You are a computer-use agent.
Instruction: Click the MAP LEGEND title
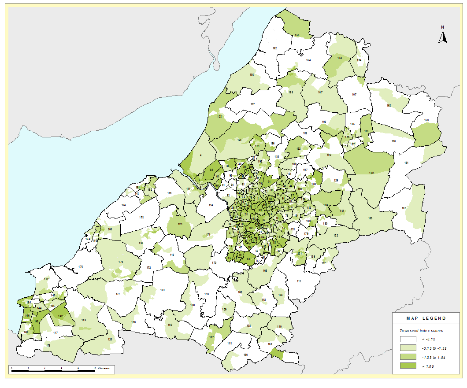click(426, 318)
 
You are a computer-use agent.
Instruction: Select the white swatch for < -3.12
click(408, 340)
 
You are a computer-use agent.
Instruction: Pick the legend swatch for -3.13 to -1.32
click(408, 348)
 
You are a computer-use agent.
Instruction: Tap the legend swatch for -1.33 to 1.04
click(408, 357)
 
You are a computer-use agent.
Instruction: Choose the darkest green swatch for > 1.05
click(408, 366)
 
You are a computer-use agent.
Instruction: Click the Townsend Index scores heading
click(421, 330)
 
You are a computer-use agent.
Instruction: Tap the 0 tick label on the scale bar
click(11, 367)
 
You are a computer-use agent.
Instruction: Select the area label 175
click(80, 267)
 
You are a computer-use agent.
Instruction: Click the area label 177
click(118, 294)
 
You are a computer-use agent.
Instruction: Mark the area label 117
click(56, 333)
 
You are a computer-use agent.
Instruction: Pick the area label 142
click(60, 316)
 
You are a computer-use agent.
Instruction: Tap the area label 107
click(354, 95)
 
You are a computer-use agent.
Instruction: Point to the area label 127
click(252, 104)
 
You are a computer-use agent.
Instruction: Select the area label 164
click(308, 60)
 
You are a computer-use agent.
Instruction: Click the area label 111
click(298, 281)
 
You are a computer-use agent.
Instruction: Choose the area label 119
click(206, 294)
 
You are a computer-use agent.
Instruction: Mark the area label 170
click(214, 263)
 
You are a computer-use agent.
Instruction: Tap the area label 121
click(180, 224)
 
